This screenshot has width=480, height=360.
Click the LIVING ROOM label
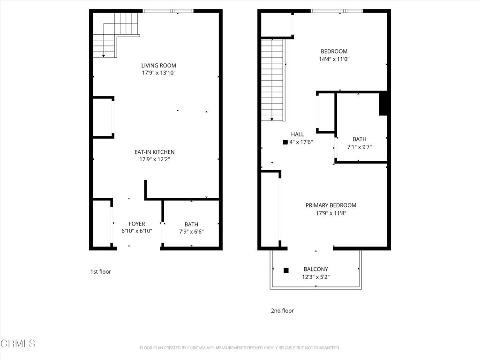coord(159,66)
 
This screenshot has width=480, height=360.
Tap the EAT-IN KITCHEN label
coord(155,152)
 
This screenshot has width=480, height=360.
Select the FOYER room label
coord(137,224)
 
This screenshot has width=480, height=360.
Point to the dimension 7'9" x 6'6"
coord(191,232)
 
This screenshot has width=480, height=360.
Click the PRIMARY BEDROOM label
coord(331,205)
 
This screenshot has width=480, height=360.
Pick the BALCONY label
coord(316,269)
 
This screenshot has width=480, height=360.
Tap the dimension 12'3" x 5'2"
coord(316,277)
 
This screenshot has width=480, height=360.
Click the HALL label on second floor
coord(298,135)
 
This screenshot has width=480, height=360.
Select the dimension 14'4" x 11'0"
coord(334,60)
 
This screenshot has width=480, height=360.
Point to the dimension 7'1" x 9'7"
coord(360,147)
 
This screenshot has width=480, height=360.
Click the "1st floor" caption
coord(101,271)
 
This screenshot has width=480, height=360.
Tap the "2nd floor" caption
coord(282,310)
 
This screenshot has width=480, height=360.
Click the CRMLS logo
coord(18,344)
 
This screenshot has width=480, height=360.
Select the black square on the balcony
coord(286,270)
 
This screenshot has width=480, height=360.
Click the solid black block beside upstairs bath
coord(383,104)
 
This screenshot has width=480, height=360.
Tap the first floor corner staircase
coord(115,34)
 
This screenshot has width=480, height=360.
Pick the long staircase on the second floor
coord(272,80)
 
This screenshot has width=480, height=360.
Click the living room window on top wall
coord(168,11)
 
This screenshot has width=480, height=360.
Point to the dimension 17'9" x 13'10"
coord(159,73)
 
